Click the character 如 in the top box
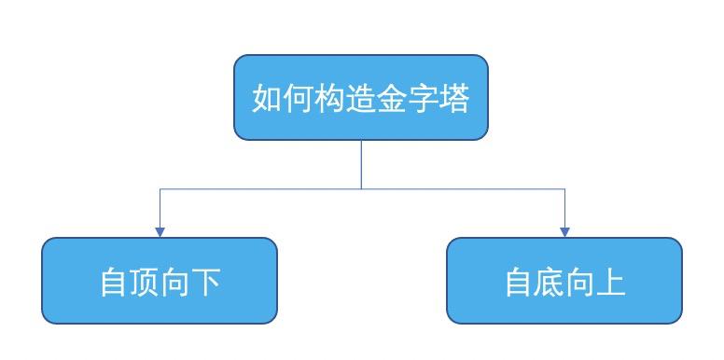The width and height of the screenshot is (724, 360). [269, 98]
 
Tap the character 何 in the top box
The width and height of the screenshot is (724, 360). [299, 98]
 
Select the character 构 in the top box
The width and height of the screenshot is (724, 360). [330, 98]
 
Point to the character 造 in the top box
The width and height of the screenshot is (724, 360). [361, 98]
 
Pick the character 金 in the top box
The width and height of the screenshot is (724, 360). [392, 98]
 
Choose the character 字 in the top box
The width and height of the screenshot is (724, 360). [423, 98]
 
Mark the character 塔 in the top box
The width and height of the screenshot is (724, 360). [453, 98]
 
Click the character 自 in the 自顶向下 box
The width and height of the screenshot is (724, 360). [115, 282]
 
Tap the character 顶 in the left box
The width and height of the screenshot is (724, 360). [146, 282]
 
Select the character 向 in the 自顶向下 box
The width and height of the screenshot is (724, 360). [176, 282]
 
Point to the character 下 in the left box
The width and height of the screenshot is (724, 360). [207, 282]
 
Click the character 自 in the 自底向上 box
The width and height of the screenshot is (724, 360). [519, 282]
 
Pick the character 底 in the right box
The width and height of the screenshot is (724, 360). [550, 282]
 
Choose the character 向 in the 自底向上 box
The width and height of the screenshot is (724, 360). [580, 282]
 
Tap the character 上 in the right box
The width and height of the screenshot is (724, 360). [611, 282]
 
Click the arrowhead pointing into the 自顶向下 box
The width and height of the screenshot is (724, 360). [160, 231]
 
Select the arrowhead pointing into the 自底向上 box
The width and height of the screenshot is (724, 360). [564, 231]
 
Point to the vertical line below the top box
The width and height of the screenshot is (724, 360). [361, 164]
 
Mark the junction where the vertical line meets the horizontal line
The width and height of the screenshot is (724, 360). [361, 189]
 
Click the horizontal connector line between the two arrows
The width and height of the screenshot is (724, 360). [261, 189]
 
